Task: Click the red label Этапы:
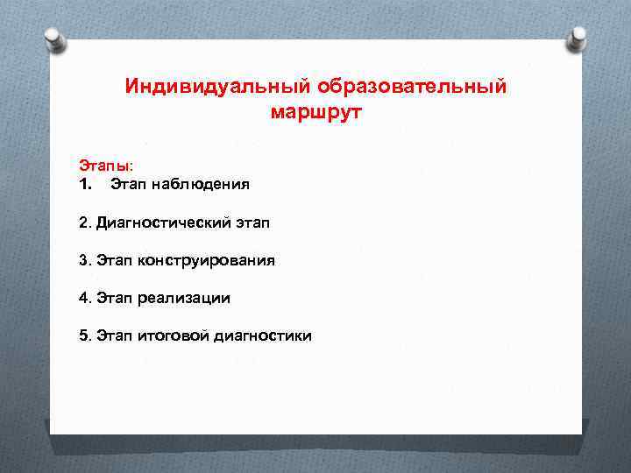pos(106,165)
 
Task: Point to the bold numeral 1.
pos(85,184)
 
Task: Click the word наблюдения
pos(201,184)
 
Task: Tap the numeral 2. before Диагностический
pos(84,222)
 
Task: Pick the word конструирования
pos(206,260)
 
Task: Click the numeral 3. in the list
pos(84,260)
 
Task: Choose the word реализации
pos(184,298)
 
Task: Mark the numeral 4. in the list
pos(84,298)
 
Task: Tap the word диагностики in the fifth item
pos(262,335)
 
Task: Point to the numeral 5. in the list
pos(84,335)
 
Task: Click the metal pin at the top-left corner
pos(55,38)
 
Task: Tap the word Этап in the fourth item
pos(114,298)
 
